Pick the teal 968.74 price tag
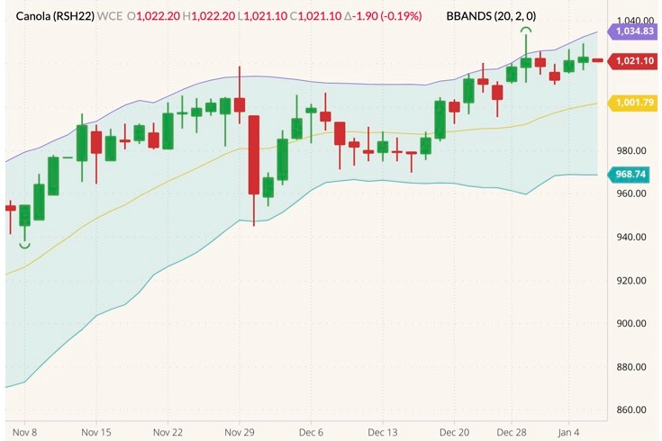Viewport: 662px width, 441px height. (630, 174)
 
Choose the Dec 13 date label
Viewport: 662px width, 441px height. (383, 431)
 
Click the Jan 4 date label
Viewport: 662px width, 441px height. (568, 431)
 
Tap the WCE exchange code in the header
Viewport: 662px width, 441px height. (111, 16)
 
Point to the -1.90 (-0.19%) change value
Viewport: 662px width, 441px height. (383, 16)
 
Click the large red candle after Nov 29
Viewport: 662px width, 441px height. (254, 154)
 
